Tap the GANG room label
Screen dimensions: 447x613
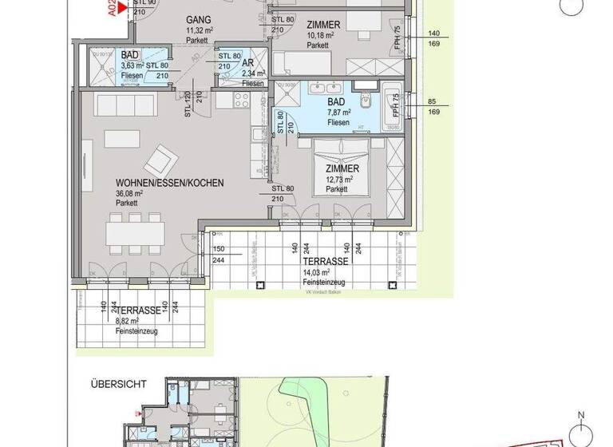[x=199, y=19]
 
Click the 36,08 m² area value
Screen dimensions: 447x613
[x=129, y=193]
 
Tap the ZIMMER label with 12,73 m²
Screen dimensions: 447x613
[x=342, y=169]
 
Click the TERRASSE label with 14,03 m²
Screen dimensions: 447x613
[x=324, y=261]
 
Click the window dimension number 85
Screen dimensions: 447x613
[x=434, y=101]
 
